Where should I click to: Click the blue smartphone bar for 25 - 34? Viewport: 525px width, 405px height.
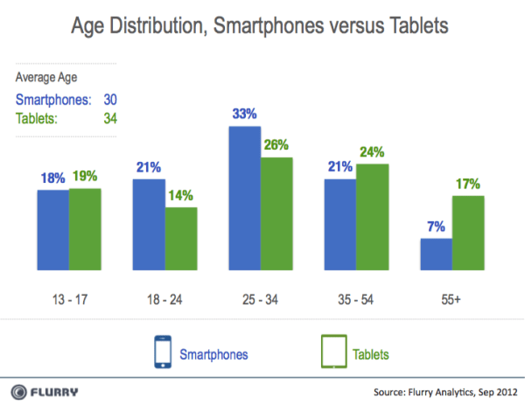click(246, 199)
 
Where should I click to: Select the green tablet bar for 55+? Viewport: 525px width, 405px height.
click(469, 233)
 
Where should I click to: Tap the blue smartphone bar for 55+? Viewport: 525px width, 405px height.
click(437, 255)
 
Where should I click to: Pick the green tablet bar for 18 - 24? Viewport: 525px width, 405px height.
click(181, 239)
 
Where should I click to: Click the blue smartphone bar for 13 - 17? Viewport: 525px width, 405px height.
click(53, 230)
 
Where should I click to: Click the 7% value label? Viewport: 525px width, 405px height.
click(436, 228)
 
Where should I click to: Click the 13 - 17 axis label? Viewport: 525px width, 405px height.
click(69, 297)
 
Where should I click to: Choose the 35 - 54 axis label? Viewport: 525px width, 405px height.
click(356, 297)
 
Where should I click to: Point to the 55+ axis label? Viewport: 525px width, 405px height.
click(452, 297)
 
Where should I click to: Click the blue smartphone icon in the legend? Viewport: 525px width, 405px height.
click(159, 352)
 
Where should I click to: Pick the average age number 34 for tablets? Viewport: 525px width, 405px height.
click(109, 119)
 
